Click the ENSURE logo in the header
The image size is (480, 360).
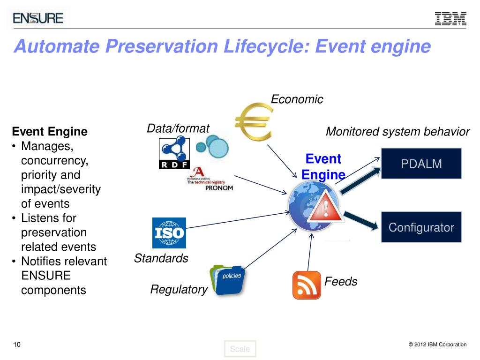(38, 18)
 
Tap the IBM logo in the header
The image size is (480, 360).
(450, 18)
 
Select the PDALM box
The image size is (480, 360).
(421, 164)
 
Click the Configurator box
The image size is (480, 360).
(421, 227)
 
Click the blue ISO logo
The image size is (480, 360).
(169, 232)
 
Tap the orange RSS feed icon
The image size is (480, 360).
(307, 285)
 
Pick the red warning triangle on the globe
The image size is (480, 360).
(325, 207)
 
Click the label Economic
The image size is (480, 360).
(297, 99)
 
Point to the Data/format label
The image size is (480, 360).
(178, 128)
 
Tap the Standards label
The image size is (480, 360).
(161, 258)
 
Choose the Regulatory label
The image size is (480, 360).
(179, 290)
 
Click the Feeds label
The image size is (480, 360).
(341, 282)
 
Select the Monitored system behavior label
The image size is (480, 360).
(397, 132)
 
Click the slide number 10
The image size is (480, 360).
(17, 345)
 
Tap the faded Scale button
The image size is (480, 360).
(240, 349)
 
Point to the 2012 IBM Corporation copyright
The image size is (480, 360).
(437, 345)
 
